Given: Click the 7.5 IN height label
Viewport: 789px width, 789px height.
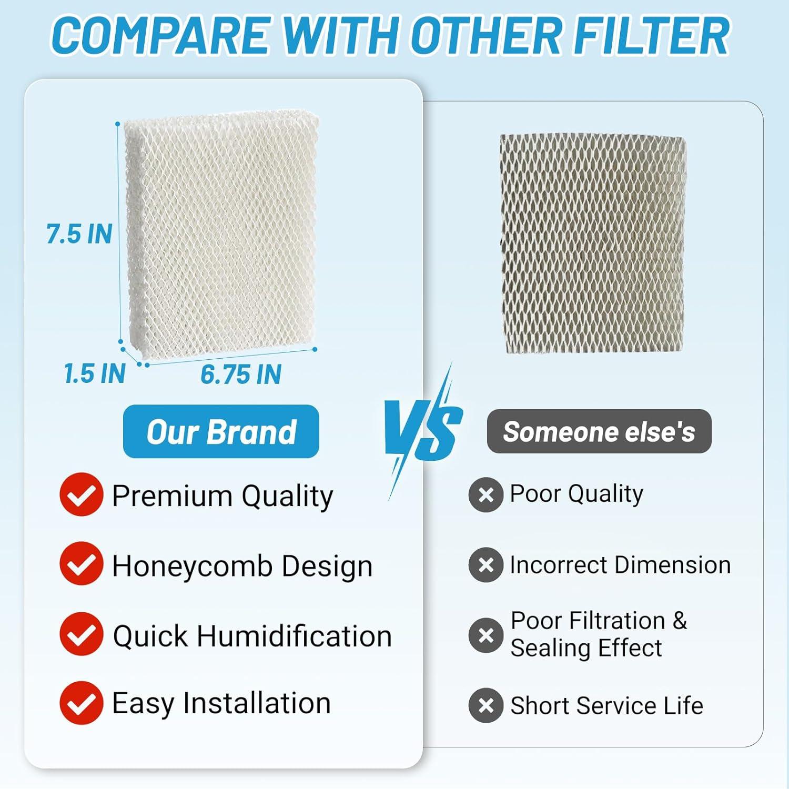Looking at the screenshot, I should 79,234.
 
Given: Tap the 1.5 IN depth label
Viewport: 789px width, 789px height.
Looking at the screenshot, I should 95,373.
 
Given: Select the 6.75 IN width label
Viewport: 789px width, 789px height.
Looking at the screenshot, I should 241,375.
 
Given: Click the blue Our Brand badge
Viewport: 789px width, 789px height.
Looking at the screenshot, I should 221,432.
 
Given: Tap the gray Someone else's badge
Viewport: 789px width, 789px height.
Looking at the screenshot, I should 599,431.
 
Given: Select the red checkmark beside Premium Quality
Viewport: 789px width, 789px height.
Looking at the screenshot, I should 81,494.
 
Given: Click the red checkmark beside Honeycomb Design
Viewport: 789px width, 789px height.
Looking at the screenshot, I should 81,564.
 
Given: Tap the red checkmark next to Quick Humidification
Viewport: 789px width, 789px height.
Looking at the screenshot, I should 81,634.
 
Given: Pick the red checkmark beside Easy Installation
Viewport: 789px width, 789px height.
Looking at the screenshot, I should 81,703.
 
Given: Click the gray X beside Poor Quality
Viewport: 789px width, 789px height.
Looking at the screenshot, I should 486,494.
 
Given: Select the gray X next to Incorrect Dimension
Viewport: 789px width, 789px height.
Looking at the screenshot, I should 486,564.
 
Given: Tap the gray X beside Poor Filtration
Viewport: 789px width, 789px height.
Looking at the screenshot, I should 486,635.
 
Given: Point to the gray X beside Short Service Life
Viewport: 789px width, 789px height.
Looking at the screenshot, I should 486,705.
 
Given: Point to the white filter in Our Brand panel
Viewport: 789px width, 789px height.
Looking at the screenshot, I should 221,234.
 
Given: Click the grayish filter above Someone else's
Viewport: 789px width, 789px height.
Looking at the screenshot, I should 593,244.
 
